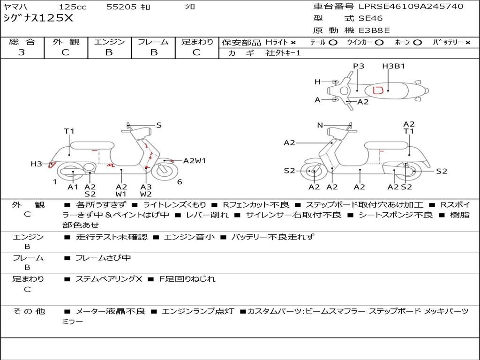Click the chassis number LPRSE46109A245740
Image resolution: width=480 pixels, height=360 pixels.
click(411, 7)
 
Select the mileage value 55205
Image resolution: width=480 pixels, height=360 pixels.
click(121, 7)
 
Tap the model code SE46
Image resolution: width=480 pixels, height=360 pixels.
click(370, 19)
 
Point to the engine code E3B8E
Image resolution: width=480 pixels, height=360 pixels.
click(374, 31)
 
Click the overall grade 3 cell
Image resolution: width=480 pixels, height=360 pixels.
click(22, 52)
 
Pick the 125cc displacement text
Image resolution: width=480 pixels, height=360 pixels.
click(73, 7)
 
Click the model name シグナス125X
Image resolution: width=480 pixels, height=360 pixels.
click(38, 19)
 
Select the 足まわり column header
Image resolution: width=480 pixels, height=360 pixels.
click(197, 42)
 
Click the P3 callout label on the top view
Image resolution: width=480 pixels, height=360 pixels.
click(359, 66)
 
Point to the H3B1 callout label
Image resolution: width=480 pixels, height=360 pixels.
click(393, 66)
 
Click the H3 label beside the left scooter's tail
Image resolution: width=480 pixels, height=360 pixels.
click(36, 164)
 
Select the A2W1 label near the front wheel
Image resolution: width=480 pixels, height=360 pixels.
click(194, 161)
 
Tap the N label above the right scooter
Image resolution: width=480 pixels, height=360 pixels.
click(320, 125)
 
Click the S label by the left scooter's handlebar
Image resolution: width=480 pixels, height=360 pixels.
click(159, 125)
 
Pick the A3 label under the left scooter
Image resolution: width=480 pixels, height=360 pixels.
click(146, 187)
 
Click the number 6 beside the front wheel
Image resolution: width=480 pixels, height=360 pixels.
click(180, 182)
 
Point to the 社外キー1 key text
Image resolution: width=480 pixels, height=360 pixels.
click(283, 53)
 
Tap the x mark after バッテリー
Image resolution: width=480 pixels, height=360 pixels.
click(468, 42)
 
